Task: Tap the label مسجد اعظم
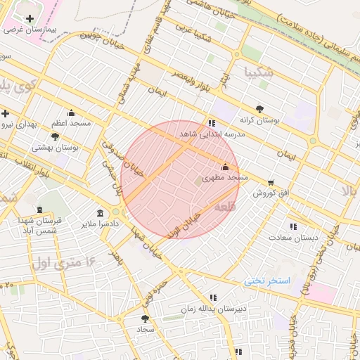pos(70,123)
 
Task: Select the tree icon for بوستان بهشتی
pos(56,136)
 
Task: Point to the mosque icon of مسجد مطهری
pos(225,167)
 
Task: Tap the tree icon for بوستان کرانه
pos(259,108)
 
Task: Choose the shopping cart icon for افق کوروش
pos(271,183)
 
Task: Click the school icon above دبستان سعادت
pos(293,226)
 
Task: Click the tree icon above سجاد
pos(145,319)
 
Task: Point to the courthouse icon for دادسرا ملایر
pos(100,213)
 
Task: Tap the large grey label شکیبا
pos(255,72)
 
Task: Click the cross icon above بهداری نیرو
pos(5,113)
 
